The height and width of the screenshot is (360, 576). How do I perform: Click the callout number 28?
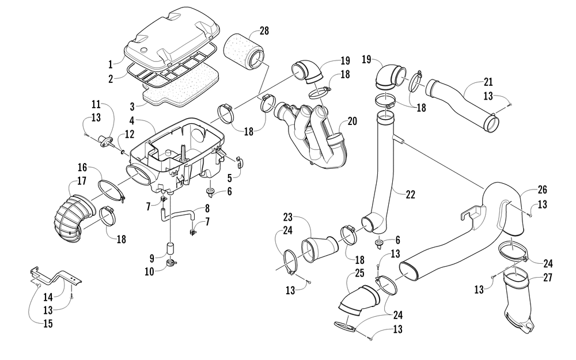264,31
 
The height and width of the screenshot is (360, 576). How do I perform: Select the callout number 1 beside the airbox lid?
110,65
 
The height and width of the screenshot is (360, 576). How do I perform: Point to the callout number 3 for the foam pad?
132,107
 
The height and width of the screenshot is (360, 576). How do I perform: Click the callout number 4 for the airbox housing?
132,120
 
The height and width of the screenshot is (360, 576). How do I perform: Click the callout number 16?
82,168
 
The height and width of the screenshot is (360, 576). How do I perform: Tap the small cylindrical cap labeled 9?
170,248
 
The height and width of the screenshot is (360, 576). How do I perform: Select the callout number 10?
149,272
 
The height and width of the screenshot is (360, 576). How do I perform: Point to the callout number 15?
48,324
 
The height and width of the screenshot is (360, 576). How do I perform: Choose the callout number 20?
352,121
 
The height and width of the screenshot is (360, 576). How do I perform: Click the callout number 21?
488,82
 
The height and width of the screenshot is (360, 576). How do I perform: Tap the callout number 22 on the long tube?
410,194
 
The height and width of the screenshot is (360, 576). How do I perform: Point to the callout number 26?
542,190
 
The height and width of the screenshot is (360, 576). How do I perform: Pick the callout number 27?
547,278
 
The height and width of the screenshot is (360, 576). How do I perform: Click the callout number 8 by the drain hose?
207,209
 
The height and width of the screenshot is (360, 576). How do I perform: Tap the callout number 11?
96,104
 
